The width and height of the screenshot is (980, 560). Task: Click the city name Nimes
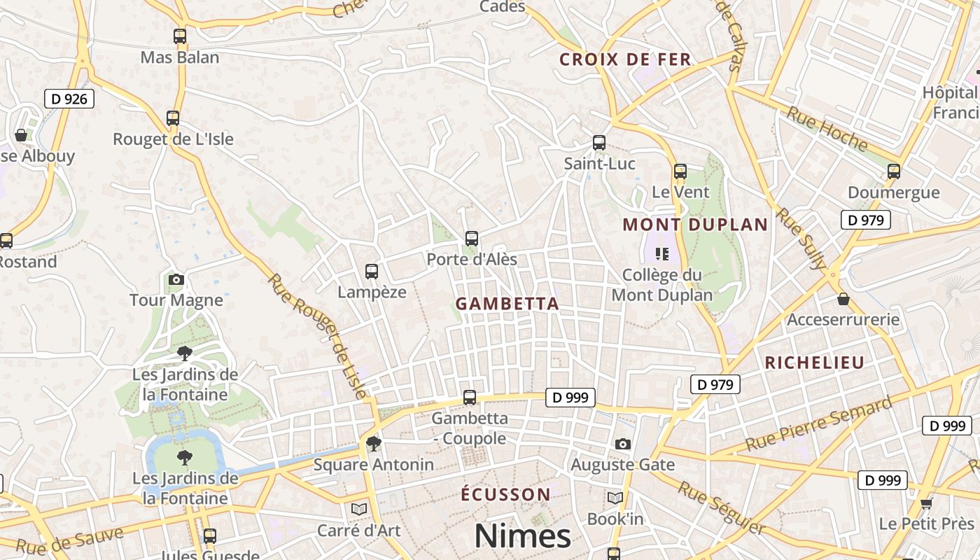pos(522,536)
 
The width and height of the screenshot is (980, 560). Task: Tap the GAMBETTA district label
pos(507,304)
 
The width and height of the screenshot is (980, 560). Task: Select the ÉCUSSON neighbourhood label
pos(505,495)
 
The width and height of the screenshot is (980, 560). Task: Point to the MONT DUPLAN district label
pos(695,225)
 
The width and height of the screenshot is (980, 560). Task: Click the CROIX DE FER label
pos(625,59)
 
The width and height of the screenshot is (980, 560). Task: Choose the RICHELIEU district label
pos(814,363)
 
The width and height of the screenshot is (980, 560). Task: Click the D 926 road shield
pos(69,99)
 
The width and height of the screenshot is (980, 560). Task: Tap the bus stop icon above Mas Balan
pos(180,36)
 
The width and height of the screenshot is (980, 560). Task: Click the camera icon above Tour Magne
pos(176,280)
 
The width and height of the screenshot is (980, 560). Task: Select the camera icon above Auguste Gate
pos(622,444)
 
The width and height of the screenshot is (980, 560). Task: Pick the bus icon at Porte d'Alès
pos(472,239)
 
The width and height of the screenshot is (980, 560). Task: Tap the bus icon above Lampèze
pos(372,272)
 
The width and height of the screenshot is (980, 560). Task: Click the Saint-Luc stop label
pos(600,164)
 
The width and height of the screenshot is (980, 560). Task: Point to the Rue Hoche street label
pos(827,129)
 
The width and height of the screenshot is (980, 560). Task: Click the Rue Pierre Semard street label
pos(818,423)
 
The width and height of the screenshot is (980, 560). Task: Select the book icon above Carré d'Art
pos(359,509)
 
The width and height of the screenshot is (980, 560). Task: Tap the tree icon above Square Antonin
pos(374,444)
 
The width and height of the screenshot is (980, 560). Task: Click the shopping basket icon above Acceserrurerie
pos(843,299)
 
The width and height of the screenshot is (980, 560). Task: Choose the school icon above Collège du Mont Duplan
pos(661,253)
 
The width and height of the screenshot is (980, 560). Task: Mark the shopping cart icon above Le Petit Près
pos(926,503)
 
